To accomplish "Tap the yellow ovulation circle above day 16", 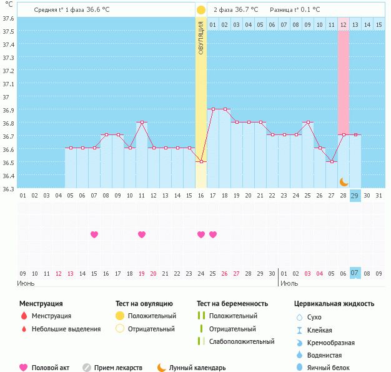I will [201, 10].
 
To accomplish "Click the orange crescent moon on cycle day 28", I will [344, 181].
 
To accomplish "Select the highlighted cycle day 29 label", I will [355, 196].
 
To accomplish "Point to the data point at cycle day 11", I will [142, 122].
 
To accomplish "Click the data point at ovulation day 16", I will [201, 161].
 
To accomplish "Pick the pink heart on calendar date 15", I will [94, 234].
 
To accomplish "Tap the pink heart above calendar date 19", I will [142, 234].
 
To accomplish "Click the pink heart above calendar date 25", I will [213, 234].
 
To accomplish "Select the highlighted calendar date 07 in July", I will [355, 273].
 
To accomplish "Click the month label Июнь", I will [26, 283].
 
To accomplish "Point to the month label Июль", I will [289, 283].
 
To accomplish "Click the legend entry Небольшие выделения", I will [66, 329].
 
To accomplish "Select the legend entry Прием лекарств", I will [118, 368].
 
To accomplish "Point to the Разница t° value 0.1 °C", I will [307, 10].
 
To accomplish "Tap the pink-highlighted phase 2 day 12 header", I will [344, 24].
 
